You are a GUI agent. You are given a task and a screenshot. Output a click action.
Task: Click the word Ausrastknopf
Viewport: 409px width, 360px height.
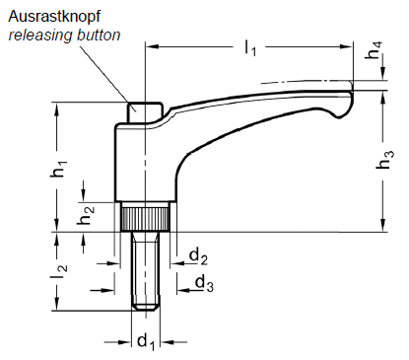[54, 17]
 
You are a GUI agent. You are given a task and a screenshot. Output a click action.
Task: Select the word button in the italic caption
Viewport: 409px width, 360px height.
[99, 35]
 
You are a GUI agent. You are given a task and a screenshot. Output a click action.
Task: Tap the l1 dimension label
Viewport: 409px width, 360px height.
[250, 48]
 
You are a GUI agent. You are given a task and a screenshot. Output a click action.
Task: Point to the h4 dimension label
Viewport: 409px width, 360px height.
[375, 50]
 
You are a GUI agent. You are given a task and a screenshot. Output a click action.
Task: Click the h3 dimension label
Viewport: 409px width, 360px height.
[384, 160]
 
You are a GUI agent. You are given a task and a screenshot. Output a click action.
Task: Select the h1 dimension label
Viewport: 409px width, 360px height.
[58, 169]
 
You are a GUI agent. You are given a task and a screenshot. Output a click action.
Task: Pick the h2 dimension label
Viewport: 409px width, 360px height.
[86, 215]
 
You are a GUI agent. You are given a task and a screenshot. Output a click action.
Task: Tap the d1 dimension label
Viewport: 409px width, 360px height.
[146, 341]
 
